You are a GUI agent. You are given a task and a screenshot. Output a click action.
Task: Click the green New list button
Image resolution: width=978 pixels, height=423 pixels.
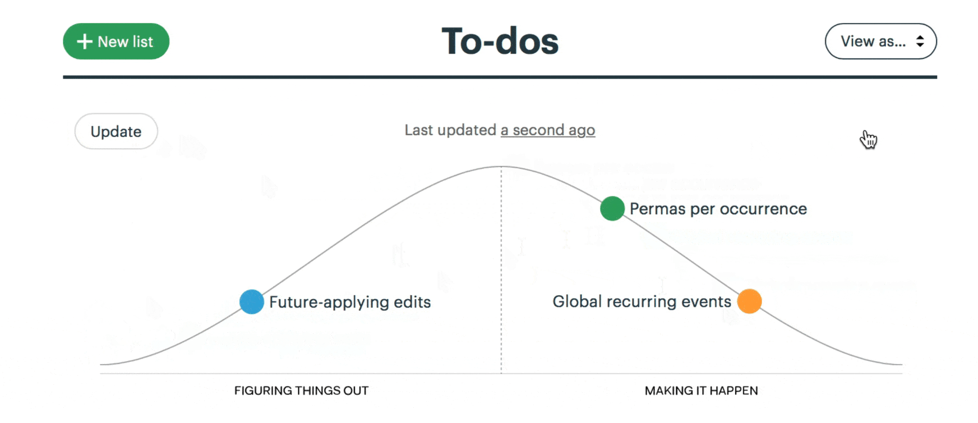pos(116,42)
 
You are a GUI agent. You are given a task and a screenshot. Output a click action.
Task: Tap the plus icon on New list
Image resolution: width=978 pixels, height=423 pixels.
pos(85,42)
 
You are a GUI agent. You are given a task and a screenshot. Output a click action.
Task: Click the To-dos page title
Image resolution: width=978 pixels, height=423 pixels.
pos(500,42)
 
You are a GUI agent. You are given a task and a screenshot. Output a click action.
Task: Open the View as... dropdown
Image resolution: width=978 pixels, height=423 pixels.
pos(880,42)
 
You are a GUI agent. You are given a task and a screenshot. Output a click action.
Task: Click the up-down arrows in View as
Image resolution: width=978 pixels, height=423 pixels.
pos(920,42)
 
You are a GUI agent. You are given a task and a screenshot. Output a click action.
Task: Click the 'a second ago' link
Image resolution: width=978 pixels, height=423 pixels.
pos(548,130)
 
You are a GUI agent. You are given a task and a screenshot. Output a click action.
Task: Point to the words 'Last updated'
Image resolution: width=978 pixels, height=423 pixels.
pos(450,130)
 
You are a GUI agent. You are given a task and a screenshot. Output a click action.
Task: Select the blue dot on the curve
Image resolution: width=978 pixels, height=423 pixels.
pos(252,302)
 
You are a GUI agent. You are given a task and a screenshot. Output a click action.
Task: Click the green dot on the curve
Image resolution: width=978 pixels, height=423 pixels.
pos(612,209)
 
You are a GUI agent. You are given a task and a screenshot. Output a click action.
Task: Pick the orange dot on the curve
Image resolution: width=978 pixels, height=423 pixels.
pos(750,301)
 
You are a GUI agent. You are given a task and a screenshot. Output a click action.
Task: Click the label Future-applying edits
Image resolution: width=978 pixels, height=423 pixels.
pos(350,302)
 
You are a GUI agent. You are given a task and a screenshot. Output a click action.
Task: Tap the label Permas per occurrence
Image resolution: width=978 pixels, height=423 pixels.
pos(718,209)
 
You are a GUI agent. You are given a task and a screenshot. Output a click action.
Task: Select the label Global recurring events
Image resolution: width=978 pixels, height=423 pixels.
pos(642,302)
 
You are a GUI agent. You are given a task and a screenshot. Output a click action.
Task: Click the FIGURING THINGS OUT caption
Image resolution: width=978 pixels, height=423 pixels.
pos(302,391)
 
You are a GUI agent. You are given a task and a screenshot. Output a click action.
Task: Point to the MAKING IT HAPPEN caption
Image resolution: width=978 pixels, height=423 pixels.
pos(702,391)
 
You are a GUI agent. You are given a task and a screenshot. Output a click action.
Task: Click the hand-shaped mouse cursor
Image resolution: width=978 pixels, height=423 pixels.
pos(869,140)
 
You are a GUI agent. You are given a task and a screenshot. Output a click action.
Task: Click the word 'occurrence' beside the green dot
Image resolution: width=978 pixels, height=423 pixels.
pos(763,209)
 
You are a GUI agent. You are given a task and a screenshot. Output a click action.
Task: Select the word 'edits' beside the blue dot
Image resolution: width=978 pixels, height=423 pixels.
pos(412,302)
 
